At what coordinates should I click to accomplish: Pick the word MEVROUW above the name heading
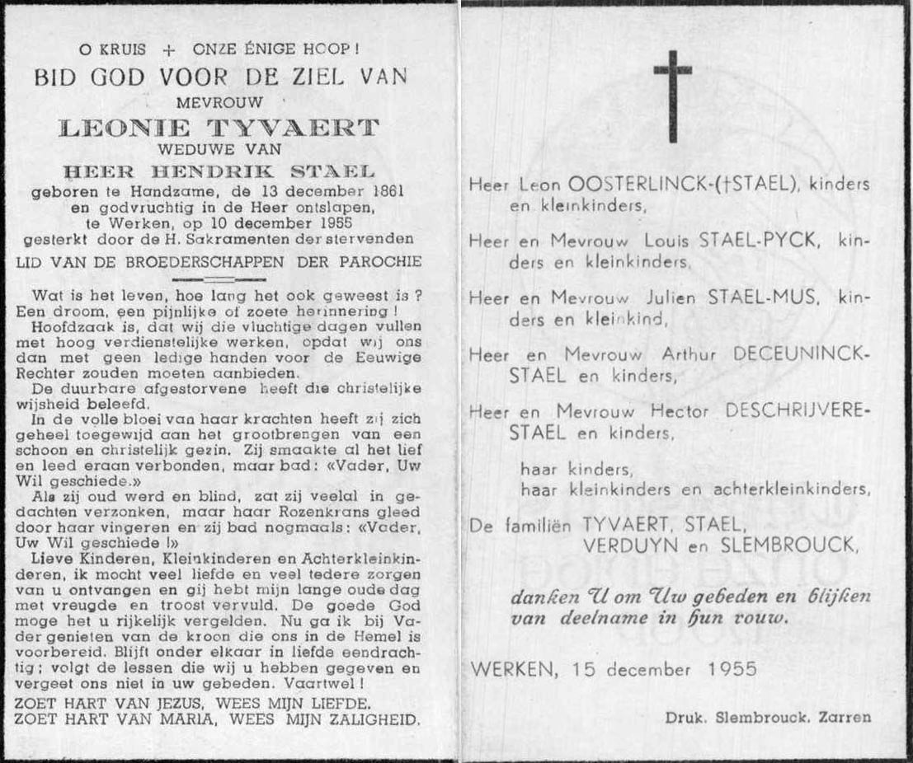(x=219, y=103)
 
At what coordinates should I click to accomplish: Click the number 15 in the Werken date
(x=570, y=669)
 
